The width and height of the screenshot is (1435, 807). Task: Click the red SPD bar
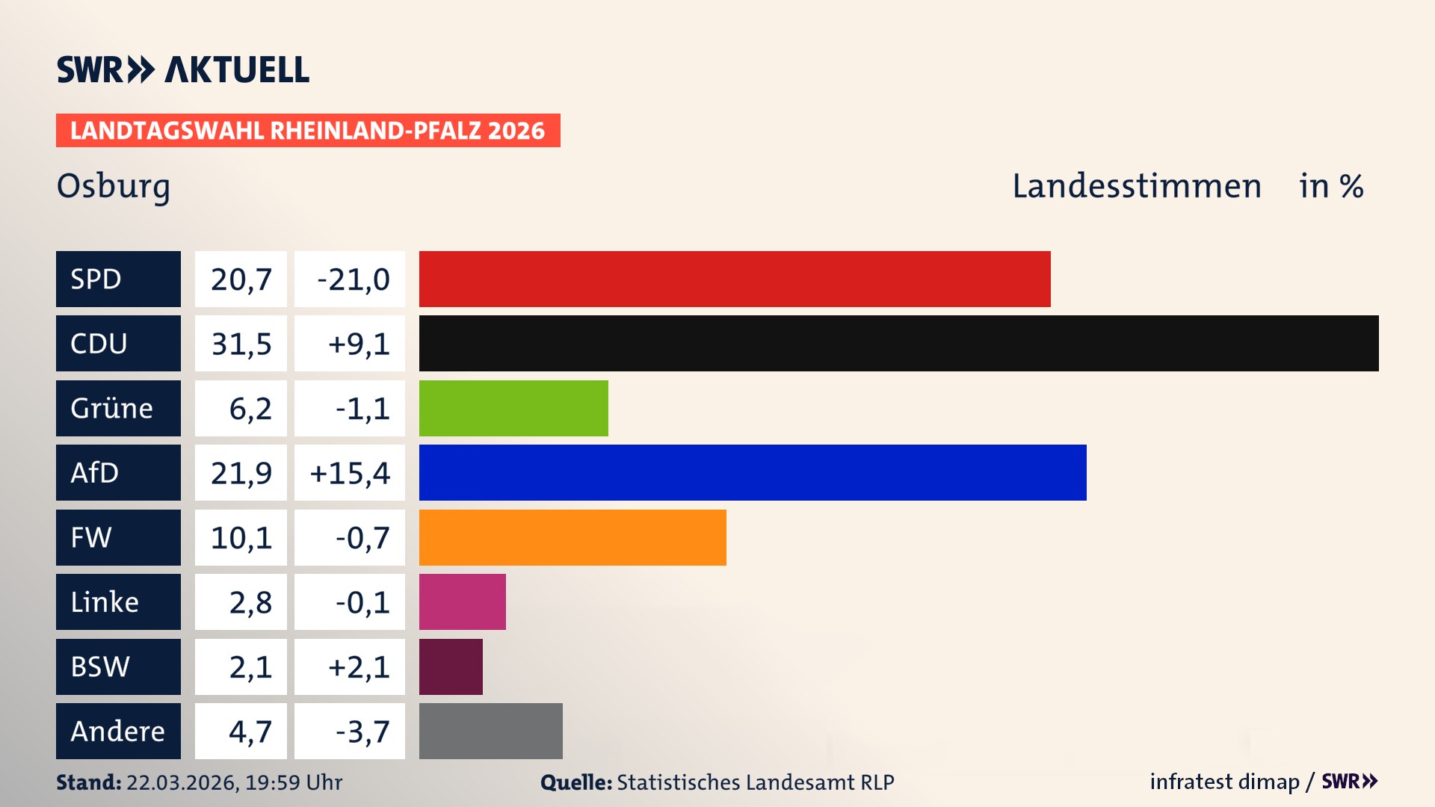[x=735, y=279]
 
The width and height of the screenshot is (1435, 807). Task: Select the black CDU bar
[x=898, y=343]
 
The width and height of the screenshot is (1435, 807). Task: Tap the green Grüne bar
[x=513, y=408]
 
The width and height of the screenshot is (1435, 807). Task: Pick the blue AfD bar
[x=753, y=472]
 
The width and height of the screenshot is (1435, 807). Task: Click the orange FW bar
[x=573, y=537]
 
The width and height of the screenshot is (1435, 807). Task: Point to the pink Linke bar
[x=462, y=602]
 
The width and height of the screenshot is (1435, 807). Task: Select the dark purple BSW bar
[x=451, y=667]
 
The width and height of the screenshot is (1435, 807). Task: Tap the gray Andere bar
[x=490, y=731]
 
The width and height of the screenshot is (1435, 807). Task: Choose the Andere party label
[x=118, y=731]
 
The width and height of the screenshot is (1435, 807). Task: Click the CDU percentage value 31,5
[x=241, y=344]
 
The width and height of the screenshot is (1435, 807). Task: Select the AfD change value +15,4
[x=350, y=473]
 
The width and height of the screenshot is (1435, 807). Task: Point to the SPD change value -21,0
[x=353, y=279]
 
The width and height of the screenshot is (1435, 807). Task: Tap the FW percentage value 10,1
[x=241, y=538]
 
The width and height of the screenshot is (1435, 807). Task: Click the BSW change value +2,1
[x=358, y=667]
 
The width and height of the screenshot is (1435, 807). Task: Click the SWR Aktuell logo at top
[x=183, y=69]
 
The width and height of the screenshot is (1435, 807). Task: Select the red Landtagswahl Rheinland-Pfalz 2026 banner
[x=308, y=131]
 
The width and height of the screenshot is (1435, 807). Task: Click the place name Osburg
[x=114, y=186]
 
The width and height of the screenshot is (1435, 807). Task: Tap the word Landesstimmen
[x=1137, y=186]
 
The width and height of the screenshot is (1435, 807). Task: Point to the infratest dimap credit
[x=1224, y=782]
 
